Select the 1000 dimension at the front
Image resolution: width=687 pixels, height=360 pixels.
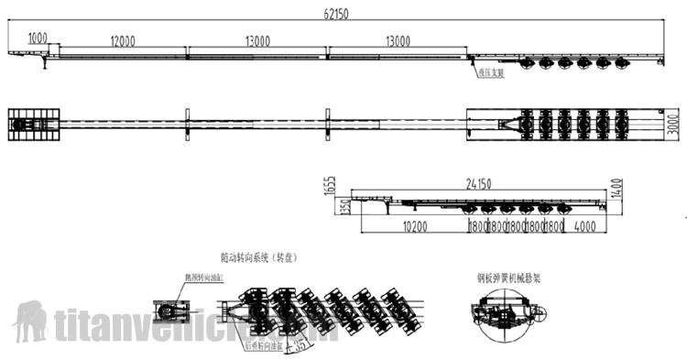(38, 38)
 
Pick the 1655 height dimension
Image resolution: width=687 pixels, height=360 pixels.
(333, 187)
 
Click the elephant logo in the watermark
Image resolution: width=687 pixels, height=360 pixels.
(29, 321)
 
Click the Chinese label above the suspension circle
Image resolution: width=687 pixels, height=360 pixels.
(507, 274)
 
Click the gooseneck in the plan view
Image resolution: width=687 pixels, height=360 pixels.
(34, 125)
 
